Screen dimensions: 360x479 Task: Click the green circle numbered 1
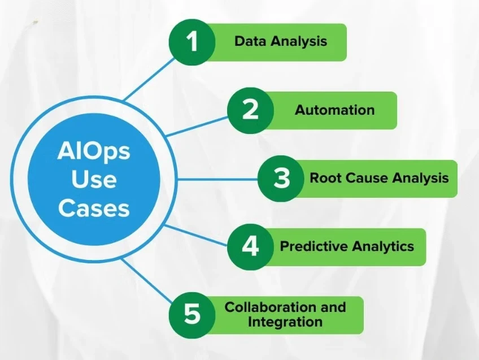click(x=193, y=42)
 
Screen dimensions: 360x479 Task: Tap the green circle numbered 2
click(x=250, y=110)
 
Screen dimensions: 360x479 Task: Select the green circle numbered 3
click(x=281, y=179)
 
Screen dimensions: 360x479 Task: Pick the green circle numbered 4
click(x=250, y=247)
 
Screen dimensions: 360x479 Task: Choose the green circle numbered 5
click(x=193, y=314)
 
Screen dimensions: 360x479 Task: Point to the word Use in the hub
click(x=94, y=180)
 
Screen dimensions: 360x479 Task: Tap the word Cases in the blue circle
click(x=94, y=208)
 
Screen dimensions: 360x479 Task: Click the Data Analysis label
click(x=281, y=41)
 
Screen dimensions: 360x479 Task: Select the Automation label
click(x=334, y=110)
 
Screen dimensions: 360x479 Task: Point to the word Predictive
click(x=313, y=246)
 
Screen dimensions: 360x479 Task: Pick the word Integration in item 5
click(x=285, y=322)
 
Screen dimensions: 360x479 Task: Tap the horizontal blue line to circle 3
click(x=217, y=180)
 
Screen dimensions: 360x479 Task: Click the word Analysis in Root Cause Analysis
click(x=420, y=179)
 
